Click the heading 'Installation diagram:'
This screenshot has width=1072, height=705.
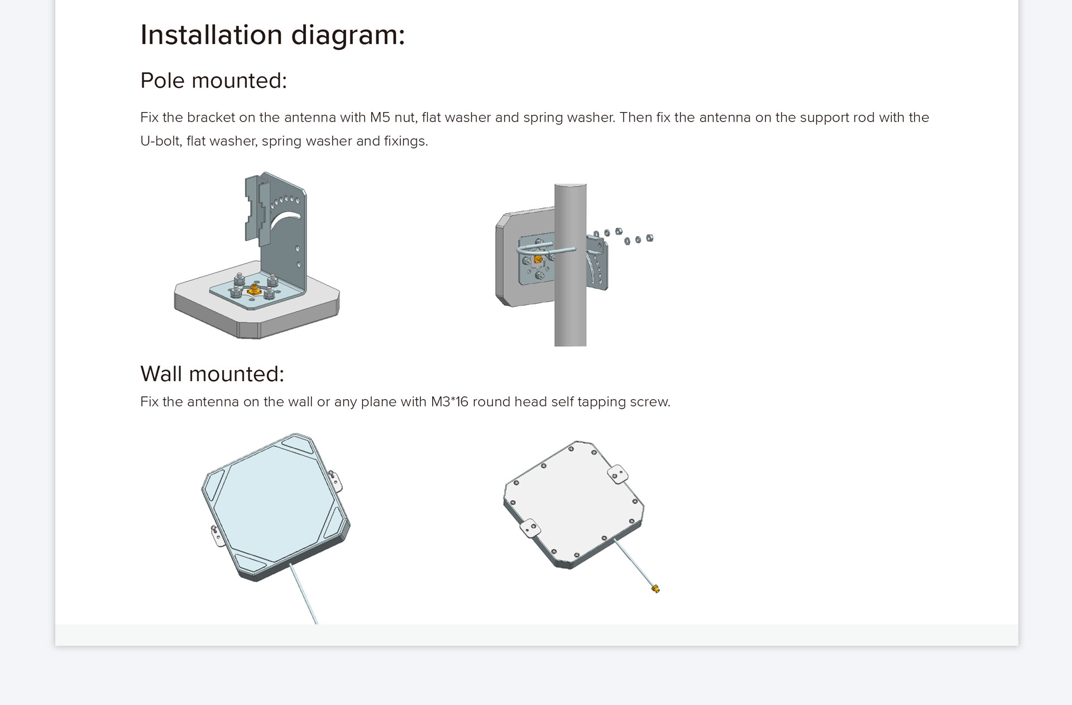pyautogui.click(x=272, y=35)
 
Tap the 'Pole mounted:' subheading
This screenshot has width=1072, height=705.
pyautogui.click(x=213, y=80)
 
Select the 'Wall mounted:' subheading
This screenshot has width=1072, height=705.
pyautogui.click(x=212, y=374)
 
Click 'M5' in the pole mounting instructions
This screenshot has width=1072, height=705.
pyautogui.click(x=380, y=117)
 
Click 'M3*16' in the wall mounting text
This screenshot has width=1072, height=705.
pyautogui.click(x=449, y=401)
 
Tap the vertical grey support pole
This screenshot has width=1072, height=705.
pyautogui.click(x=570, y=265)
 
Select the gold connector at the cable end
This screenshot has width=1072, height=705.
pyautogui.click(x=655, y=588)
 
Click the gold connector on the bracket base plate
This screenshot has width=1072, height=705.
pyautogui.click(x=254, y=289)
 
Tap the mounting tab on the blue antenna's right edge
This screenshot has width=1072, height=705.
pyautogui.click(x=335, y=481)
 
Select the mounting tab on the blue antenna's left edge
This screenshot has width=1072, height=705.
pyautogui.click(x=216, y=535)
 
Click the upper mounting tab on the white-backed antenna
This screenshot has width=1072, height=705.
pyautogui.click(x=618, y=474)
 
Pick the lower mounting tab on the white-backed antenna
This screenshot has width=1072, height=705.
pyautogui.click(x=529, y=527)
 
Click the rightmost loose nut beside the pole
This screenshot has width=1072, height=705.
pyautogui.click(x=649, y=238)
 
